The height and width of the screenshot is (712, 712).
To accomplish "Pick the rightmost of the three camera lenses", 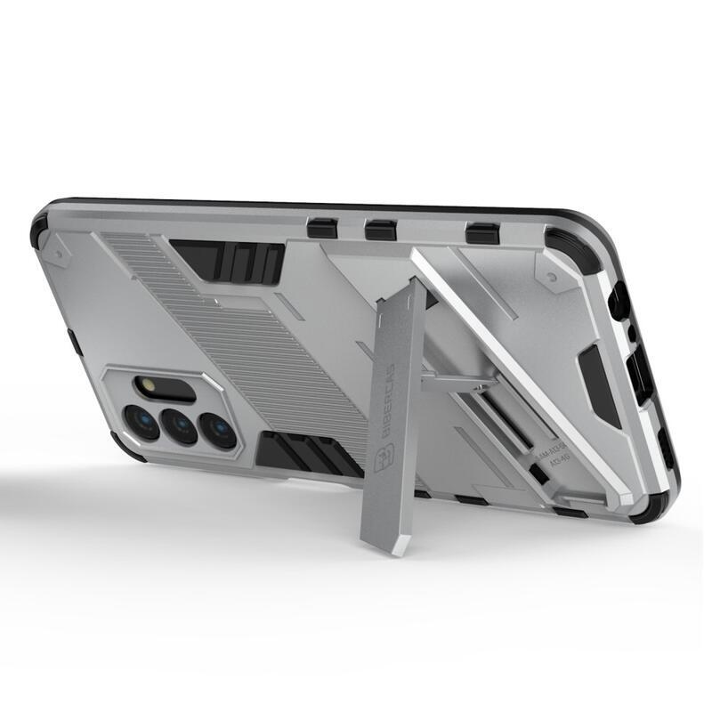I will coord(218,430).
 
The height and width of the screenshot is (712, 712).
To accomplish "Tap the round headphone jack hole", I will coord(620,303).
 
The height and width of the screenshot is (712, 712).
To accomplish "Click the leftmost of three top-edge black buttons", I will coord(321,228).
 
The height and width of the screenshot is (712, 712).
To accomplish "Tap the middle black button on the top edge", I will coord(381,230).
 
